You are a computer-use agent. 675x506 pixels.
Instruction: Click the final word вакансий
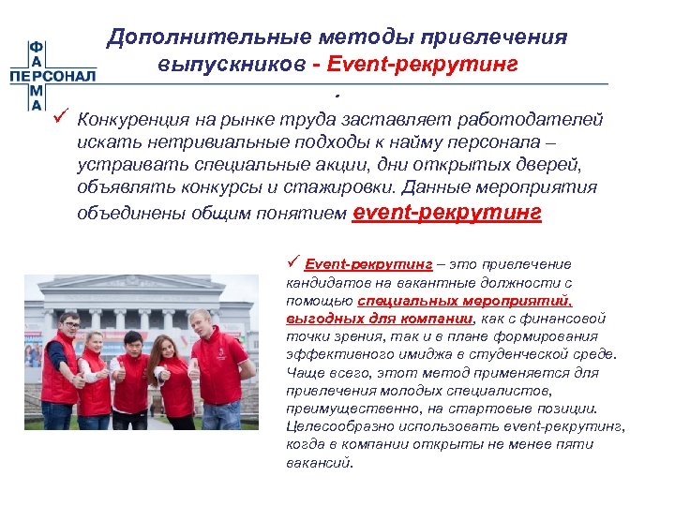coord(318,462)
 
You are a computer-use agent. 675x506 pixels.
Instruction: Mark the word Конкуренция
coord(137,120)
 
